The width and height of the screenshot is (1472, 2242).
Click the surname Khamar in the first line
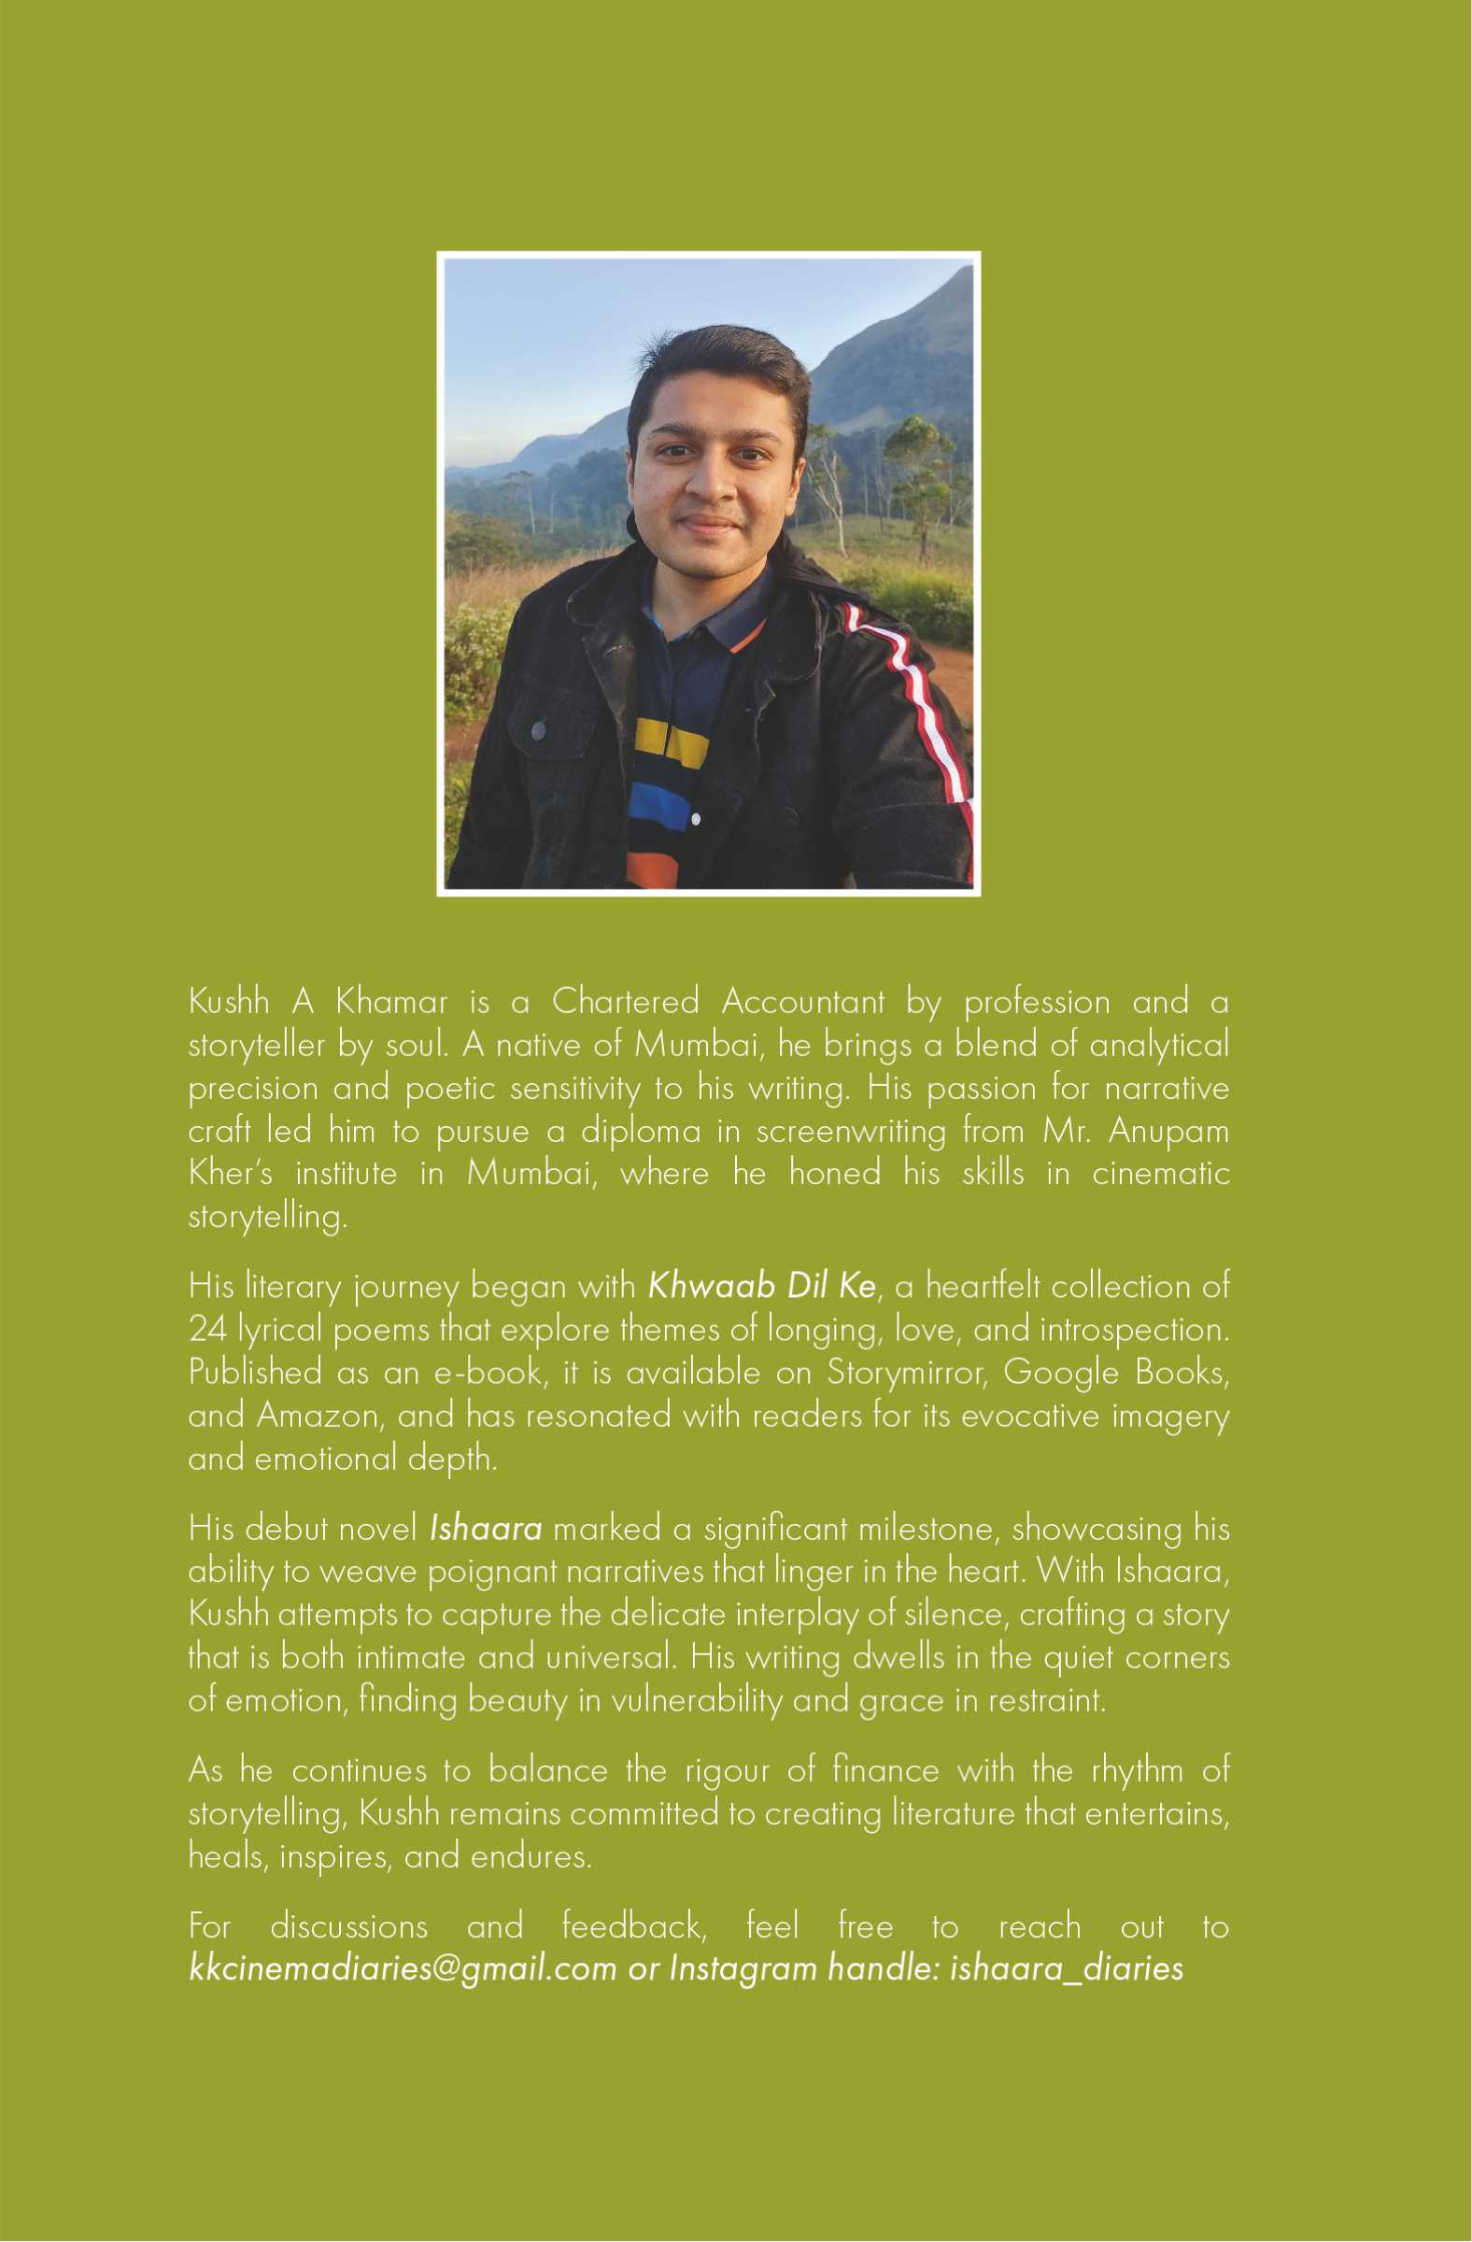click(x=391, y=1001)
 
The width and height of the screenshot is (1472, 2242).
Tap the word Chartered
click(x=625, y=1001)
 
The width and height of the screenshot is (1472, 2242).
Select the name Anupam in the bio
click(x=1168, y=1132)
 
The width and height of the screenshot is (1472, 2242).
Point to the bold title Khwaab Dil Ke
click(x=761, y=1287)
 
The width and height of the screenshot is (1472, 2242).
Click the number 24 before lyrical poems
click(x=206, y=1329)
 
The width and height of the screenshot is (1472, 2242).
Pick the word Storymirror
click(x=906, y=1373)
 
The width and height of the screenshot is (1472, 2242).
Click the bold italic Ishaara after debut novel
click(x=486, y=1528)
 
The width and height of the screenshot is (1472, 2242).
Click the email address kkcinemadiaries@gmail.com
click(x=403, y=1969)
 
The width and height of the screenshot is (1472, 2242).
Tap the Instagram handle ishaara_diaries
click(x=1066, y=1969)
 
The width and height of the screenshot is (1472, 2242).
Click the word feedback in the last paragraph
click(x=634, y=1926)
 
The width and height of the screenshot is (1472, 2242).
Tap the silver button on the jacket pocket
click(x=538, y=729)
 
